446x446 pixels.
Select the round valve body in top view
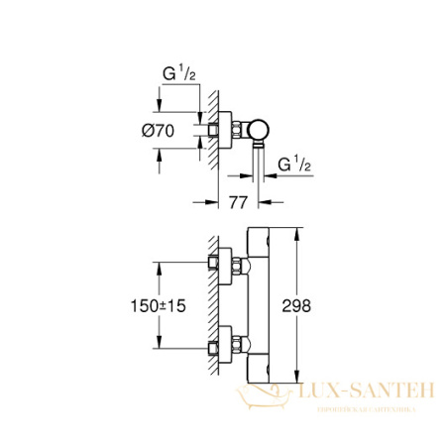tap(259, 130)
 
